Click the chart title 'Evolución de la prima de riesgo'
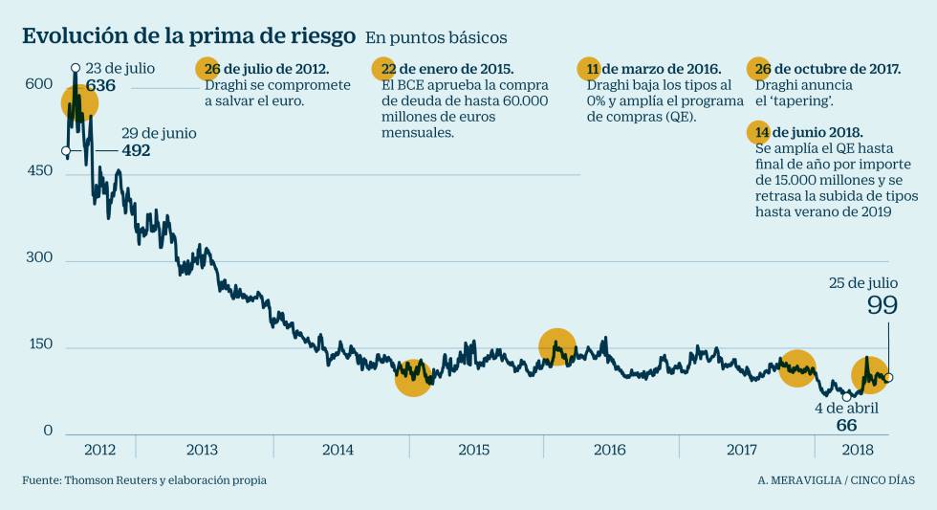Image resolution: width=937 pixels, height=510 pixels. pos(189,36)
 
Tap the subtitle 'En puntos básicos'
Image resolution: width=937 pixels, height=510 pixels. pos(436,37)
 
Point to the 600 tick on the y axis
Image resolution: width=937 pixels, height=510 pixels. pos(39,84)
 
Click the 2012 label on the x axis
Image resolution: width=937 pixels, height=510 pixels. pos(100,450)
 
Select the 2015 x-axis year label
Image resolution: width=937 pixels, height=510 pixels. pos(475,450)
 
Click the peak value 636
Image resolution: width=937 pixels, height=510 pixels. pos(100,85)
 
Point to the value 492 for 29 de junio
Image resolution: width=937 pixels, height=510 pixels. pos(136,150)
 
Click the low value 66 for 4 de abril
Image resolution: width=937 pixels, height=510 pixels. pos(846,425)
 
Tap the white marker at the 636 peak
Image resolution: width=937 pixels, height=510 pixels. pos(75,68)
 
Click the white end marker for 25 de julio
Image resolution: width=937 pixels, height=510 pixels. pos(889,378)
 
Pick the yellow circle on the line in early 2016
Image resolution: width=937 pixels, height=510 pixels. pos(556,346)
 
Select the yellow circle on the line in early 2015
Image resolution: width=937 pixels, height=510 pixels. pos(413,377)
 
